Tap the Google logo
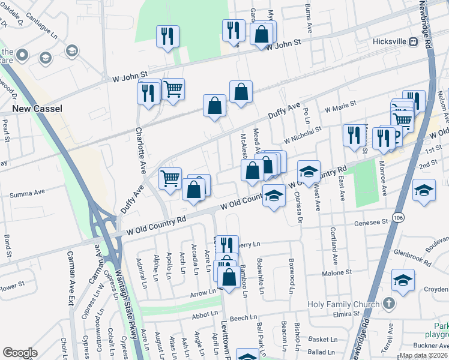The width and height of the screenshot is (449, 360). pyautogui.click(x=20, y=353)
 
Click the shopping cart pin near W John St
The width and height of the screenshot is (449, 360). pyautogui.click(x=173, y=89)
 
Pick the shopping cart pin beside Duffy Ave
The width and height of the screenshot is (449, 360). pyautogui.click(x=170, y=178)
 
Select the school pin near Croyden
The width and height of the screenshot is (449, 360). pyautogui.click(x=403, y=280)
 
